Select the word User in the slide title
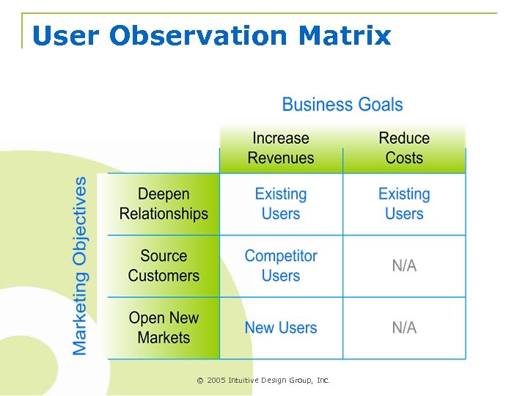pos(65,35)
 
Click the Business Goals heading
pos(342,104)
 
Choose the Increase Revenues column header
pos(281,148)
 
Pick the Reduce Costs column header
pos(404,148)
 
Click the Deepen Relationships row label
pos(164,204)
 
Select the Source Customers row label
pos(164,266)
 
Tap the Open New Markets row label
pos(164,328)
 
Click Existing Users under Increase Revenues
pos(281,204)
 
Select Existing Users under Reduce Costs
pos(404,204)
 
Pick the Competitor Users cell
pos(281,266)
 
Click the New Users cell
pos(281,328)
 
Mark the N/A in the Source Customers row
pos(404,266)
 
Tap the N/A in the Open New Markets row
pos(404,328)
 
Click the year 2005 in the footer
pos(216,380)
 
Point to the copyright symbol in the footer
pos(199,380)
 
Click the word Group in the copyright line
pos(301,380)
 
